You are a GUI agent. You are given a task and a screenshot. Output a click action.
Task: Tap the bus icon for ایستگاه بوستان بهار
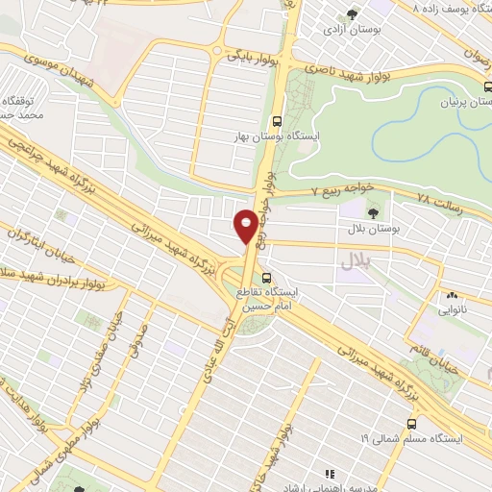pyautogui.click(x=277, y=122)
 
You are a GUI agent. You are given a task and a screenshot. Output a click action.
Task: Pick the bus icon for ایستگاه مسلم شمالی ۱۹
pyautogui.click(x=411, y=422)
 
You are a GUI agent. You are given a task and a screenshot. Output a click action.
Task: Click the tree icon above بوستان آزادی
pyautogui.click(x=352, y=14)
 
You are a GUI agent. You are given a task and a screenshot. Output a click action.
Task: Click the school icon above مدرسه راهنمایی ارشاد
pyautogui.click(x=331, y=474)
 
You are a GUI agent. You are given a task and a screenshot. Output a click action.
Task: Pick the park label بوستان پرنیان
pyautogui.click(x=461, y=101)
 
